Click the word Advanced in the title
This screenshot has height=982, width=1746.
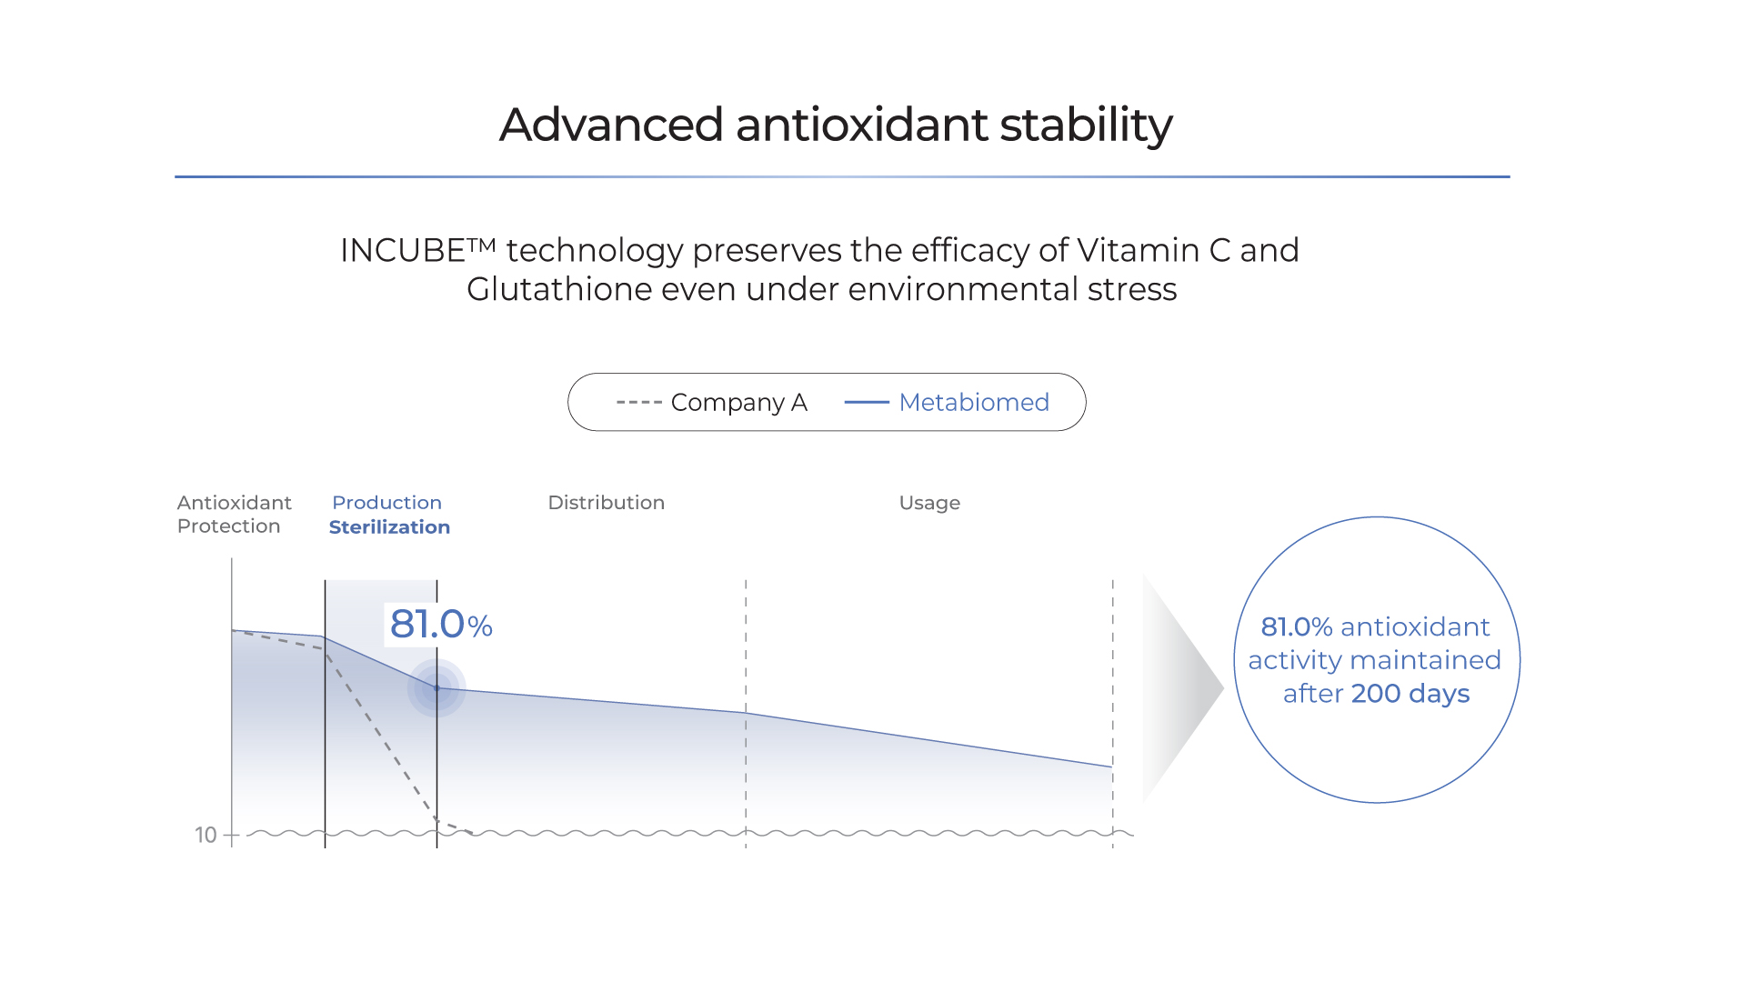[611, 125]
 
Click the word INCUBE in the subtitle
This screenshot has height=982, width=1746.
[403, 250]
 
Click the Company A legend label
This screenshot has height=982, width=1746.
[738, 403]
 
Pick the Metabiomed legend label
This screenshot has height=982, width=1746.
[974, 402]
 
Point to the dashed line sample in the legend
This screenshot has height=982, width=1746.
[638, 402]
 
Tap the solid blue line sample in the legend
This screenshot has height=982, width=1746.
[867, 402]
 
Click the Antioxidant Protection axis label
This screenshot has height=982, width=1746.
[235, 515]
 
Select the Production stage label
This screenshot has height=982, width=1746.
[386, 503]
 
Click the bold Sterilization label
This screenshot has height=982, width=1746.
[389, 527]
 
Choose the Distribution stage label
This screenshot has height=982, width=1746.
[607, 503]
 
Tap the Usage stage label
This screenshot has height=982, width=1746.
[929, 504]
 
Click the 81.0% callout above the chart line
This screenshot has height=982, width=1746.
[441, 625]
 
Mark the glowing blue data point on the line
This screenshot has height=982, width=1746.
[436, 688]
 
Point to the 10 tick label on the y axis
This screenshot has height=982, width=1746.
[206, 835]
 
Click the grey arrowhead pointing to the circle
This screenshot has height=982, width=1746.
[1183, 688]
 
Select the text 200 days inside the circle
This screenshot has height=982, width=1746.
[1410, 694]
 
